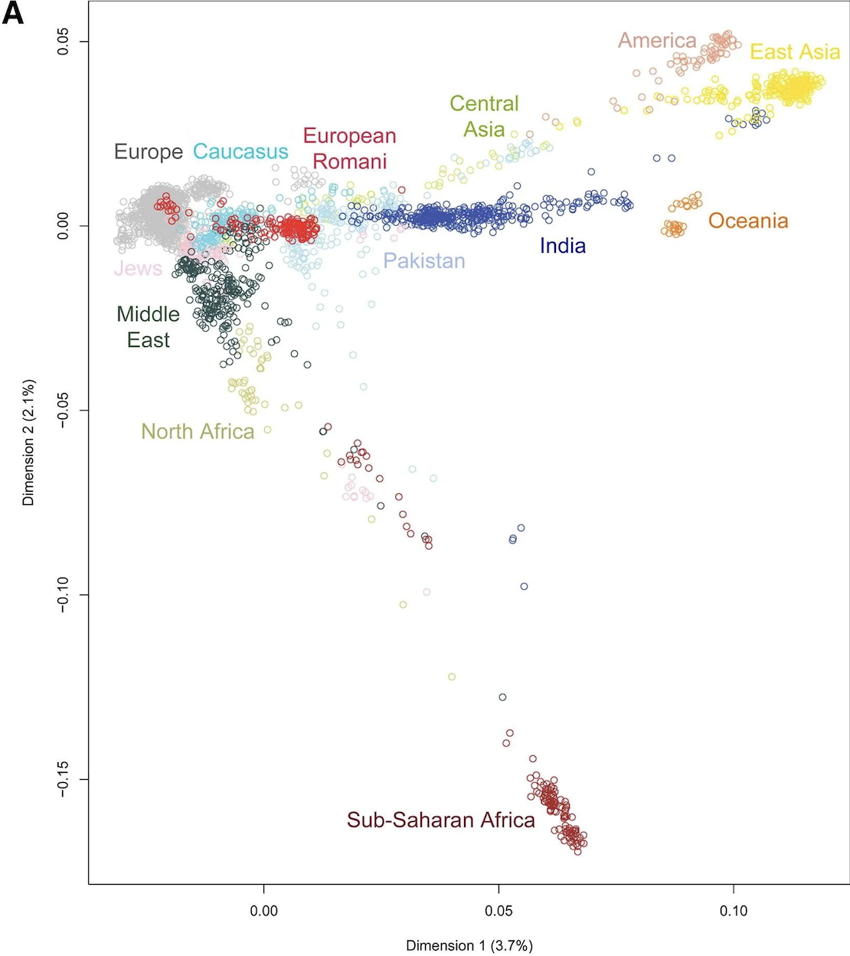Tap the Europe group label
[x=149, y=152]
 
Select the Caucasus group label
[x=240, y=152]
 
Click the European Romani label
[x=349, y=149]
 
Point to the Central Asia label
[x=484, y=116]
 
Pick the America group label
[x=657, y=41]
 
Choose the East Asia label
[x=795, y=52]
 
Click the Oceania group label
[x=748, y=221]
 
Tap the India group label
[x=563, y=246]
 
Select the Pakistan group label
[x=424, y=261]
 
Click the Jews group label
[x=138, y=269]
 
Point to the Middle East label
[x=148, y=327]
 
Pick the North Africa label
[x=198, y=432]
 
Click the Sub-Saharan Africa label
[x=440, y=820]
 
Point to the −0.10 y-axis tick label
[x=64, y=594]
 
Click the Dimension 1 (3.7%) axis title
[x=469, y=945]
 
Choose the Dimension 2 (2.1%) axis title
[x=29, y=442]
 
